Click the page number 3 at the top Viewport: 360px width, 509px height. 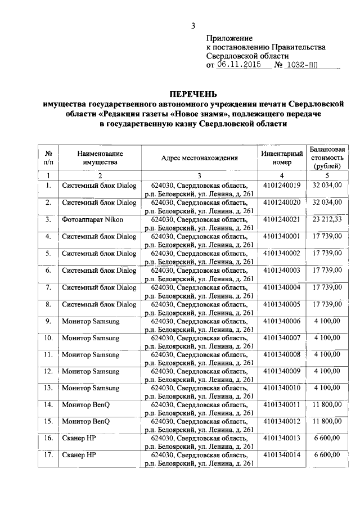tap(193, 25)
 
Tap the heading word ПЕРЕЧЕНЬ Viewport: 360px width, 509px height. tap(193, 93)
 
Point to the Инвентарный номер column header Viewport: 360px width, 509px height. tap(281, 158)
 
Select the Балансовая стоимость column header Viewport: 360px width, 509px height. tap(327, 158)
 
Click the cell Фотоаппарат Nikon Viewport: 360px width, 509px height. tap(93, 219)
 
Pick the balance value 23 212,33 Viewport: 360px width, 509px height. tap(327, 219)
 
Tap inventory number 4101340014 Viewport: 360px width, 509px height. tap(281, 454)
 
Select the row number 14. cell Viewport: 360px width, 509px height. tap(48, 404)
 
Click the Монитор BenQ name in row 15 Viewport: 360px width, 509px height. tap(86, 421)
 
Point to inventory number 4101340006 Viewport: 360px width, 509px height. tap(281, 321)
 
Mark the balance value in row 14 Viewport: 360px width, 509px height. tap(327, 404)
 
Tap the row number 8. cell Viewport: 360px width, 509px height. tap(48, 304)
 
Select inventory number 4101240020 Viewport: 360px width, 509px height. tap(281, 202)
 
